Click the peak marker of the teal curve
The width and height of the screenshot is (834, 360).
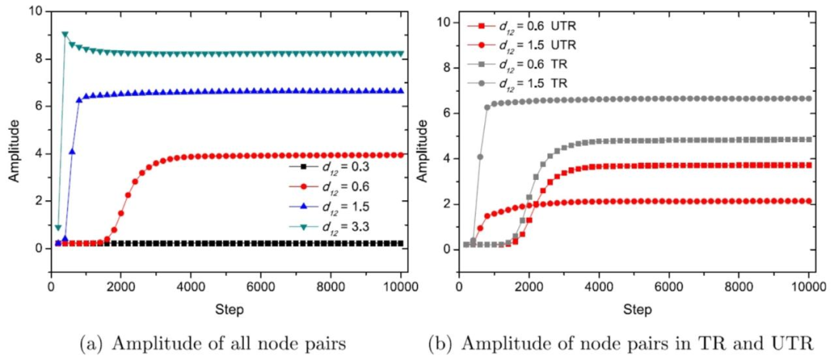point(65,35)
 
